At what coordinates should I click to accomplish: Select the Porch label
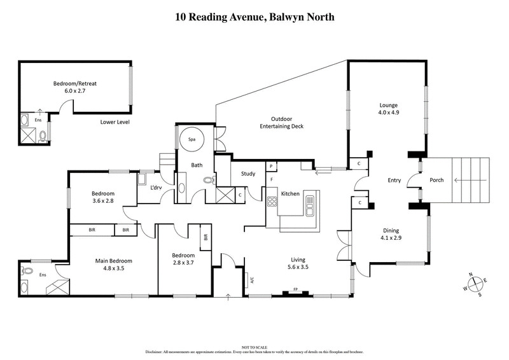coord(436,180)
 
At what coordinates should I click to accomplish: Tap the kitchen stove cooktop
coord(272,204)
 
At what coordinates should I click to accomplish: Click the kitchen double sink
coord(310,204)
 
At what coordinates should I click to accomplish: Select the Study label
coord(248,173)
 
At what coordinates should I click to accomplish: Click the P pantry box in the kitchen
coord(271,166)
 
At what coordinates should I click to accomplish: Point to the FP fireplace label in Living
coord(296,290)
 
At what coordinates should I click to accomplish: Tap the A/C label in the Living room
coord(253,279)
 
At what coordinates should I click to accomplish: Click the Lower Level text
coord(115,121)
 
